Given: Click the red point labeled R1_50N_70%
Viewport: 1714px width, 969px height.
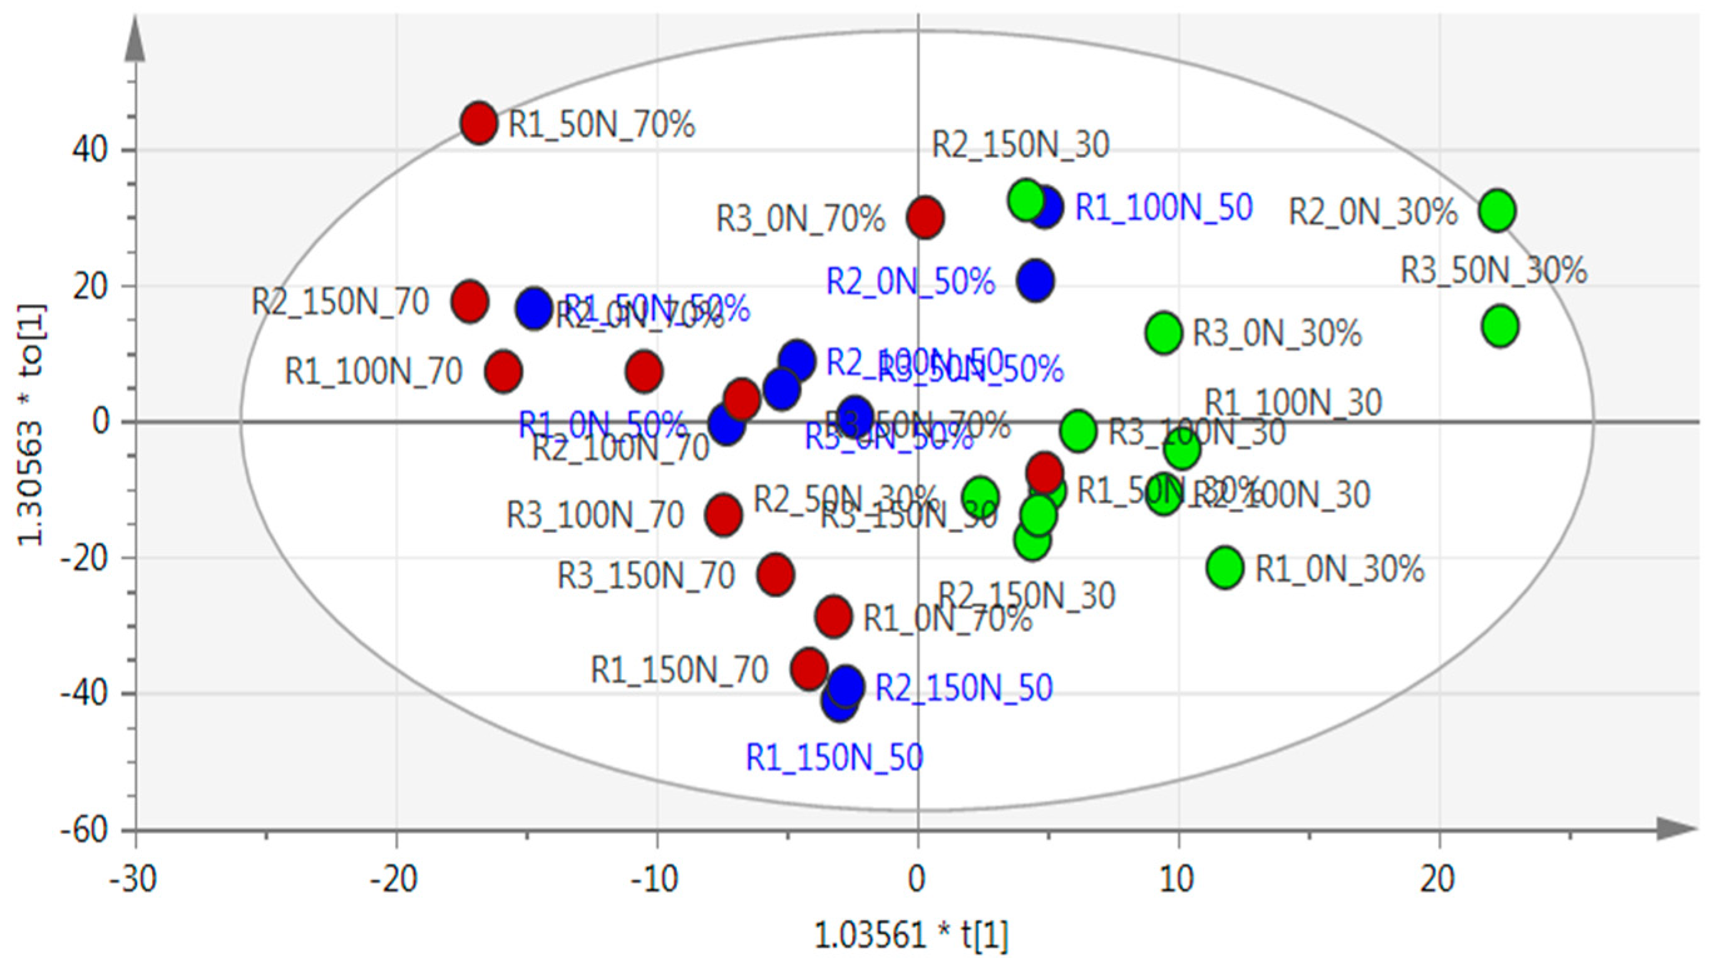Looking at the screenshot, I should [479, 123].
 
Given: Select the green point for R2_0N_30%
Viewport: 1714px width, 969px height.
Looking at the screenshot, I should [1497, 210].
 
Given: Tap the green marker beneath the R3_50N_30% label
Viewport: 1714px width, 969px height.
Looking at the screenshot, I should [1500, 326].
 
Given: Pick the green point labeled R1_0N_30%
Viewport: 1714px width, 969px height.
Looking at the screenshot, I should [1225, 567].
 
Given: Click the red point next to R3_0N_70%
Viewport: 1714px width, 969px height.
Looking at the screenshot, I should [925, 217].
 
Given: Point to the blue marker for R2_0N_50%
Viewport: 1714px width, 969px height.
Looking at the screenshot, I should [1035, 280].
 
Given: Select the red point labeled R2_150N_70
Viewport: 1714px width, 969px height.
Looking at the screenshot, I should [470, 301].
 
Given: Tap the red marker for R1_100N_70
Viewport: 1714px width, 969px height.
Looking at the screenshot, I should [504, 371].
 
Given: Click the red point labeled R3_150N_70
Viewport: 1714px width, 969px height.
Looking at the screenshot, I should [775, 573].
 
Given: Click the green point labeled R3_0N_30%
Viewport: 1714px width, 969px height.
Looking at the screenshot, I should [1164, 332].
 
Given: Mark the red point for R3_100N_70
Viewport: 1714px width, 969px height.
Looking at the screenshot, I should [723, 514].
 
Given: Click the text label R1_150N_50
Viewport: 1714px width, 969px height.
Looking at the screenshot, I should [834, 757].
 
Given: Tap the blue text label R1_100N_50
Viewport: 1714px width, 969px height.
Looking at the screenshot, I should [1164, 207].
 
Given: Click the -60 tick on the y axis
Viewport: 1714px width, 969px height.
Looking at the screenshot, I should [83, 830].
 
